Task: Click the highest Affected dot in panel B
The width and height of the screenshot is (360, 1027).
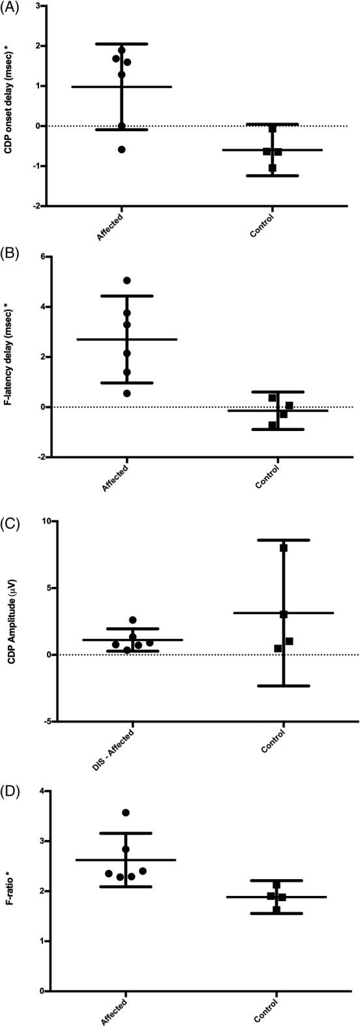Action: point(127,280)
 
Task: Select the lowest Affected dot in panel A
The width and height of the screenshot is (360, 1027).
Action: point(121,149)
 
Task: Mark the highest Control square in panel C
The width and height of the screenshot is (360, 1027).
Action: point(284,548)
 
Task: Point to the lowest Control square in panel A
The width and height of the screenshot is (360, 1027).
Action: point(273,168)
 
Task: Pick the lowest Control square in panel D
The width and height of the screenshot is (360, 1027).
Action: point(277,909)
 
